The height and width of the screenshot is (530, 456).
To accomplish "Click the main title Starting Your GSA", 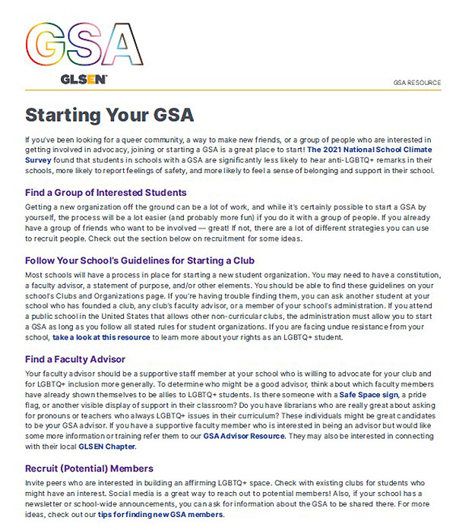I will coord(109,115).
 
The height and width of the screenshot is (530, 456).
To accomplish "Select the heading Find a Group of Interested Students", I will coord(106,192).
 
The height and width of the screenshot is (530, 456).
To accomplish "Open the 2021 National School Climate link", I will coord(370,150).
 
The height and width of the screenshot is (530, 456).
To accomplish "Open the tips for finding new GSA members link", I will coord(161,515).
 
